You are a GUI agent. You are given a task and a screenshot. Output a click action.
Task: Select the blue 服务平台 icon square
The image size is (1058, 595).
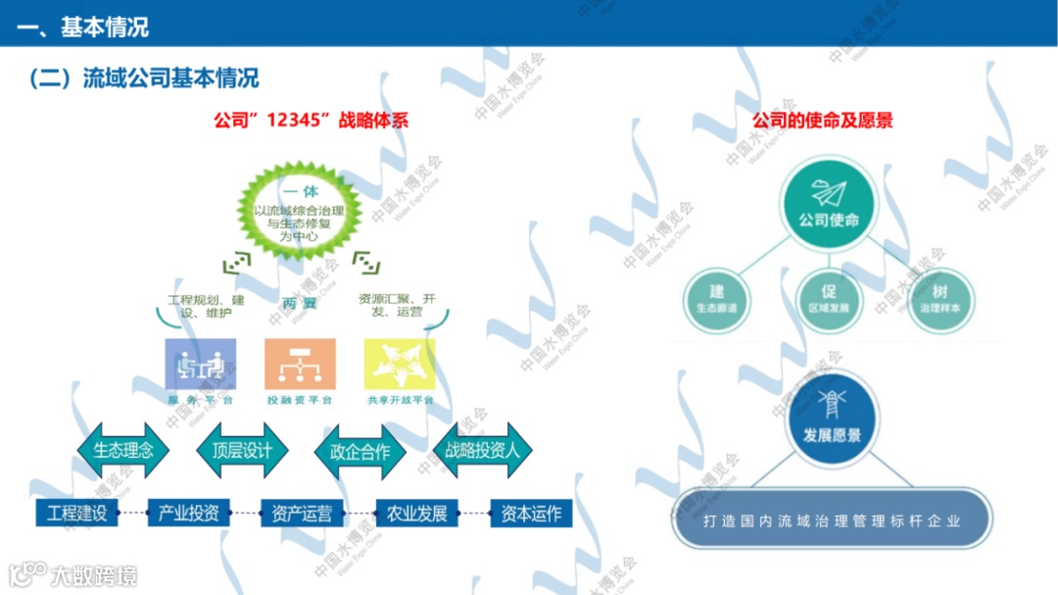pyautogui.click(x=201, y=365)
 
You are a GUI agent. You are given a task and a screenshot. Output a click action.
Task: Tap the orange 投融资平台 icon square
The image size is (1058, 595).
pyautogui.click(x=300, y=365)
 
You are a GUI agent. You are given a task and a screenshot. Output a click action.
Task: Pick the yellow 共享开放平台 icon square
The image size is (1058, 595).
pyautogui.click(x=400, y=365)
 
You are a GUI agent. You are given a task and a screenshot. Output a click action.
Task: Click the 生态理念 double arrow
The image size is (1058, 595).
pyautogui.click(x=123, y=451)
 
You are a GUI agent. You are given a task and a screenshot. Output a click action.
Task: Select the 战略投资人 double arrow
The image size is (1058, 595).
pyautogui.click(x=482, y=451)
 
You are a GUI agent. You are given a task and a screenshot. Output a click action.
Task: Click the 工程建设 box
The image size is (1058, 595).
pyautogui.click(x=76, y=513)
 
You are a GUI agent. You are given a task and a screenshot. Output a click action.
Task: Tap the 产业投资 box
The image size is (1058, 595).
pyautogui.click(x=189, y=513)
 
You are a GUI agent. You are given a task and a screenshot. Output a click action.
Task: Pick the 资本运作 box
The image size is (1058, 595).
pyautogui.click(x=531, y=513)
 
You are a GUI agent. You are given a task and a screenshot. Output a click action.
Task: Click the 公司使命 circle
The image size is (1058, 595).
pyautogui.click(x=829, y=206)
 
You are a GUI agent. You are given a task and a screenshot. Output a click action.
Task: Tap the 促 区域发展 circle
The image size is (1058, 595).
pyautogui.click(x=829, y=298)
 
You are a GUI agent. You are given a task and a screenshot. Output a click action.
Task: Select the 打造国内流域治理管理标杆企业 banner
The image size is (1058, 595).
pyautogui.click(x=832, y=521)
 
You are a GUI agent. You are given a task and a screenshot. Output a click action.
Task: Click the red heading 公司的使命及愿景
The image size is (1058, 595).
pyautogui.click(x=822, y=122)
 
